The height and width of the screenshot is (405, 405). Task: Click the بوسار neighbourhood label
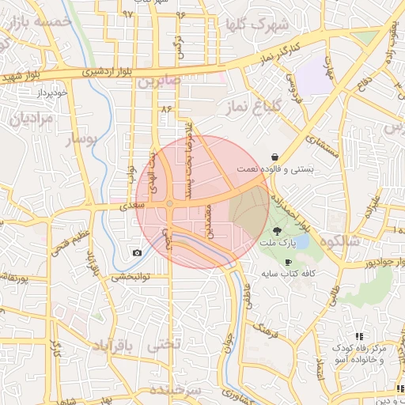point(74,140)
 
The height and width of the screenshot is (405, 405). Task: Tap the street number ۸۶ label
point(166,108)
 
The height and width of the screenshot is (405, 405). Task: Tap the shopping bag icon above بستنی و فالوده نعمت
point(274,156)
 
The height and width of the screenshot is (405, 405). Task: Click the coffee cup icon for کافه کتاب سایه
point(288,262)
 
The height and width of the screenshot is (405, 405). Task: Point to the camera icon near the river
point(138,253)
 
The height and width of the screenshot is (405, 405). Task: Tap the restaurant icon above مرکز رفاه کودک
point(360,336)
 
